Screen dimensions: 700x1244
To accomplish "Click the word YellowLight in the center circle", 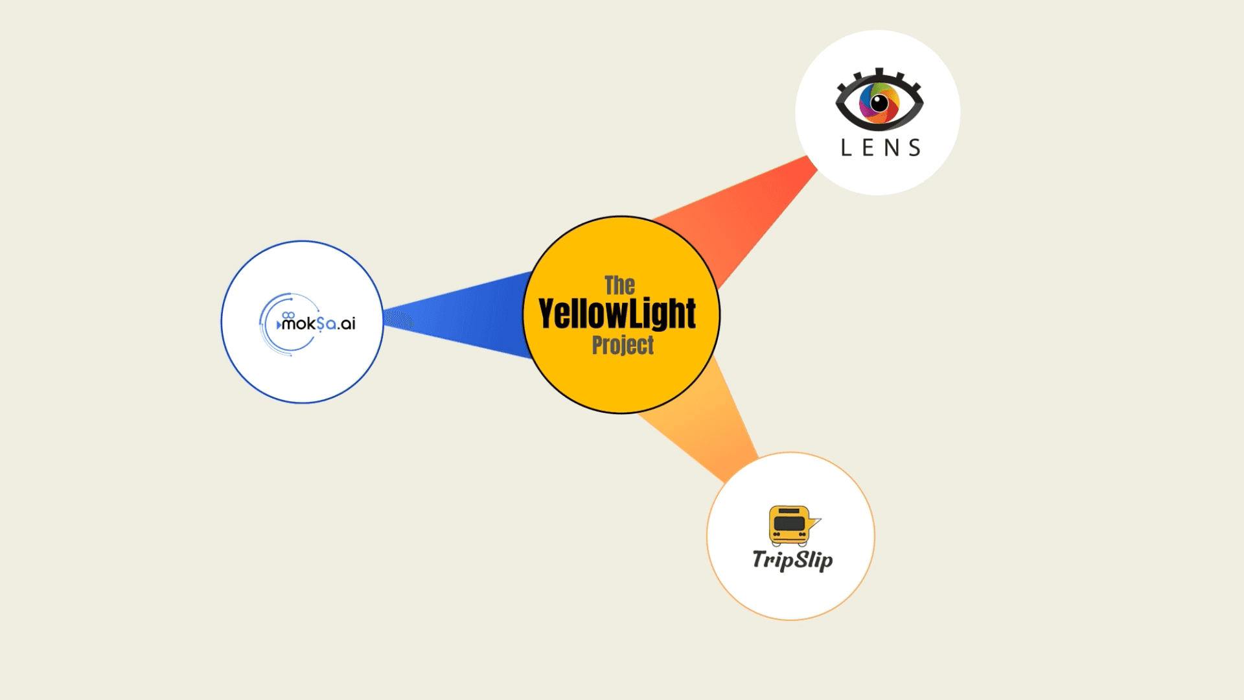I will tap(617, 314).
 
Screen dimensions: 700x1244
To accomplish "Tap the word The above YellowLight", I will tap(619, 286).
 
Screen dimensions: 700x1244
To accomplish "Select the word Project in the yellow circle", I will tap(623, 345).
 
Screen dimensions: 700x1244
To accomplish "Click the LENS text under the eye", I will tap(881, 148).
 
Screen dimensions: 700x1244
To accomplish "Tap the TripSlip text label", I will tap(792, 560).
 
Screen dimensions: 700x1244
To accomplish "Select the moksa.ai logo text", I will tap(318, 323).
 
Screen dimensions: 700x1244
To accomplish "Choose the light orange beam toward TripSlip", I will tap(706, 421).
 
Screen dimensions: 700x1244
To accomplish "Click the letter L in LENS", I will tap(846, 148).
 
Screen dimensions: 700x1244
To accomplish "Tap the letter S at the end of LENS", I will tap(915, 148).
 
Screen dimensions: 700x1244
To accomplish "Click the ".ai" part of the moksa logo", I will tap(346, 323).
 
